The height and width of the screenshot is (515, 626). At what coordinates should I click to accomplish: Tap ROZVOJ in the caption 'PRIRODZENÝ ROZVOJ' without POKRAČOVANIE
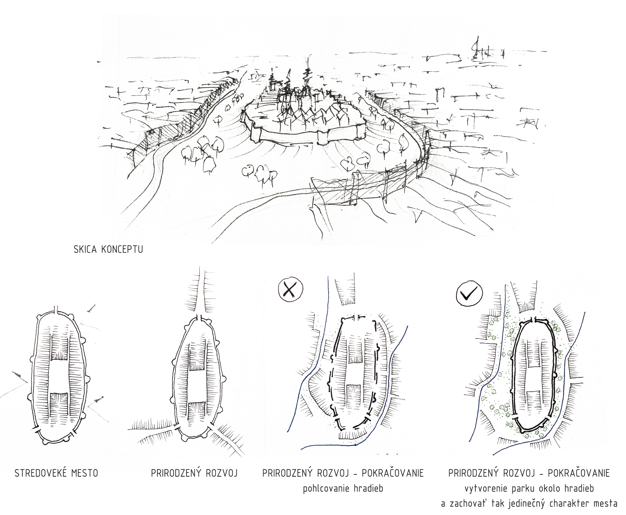coord(221,473)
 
